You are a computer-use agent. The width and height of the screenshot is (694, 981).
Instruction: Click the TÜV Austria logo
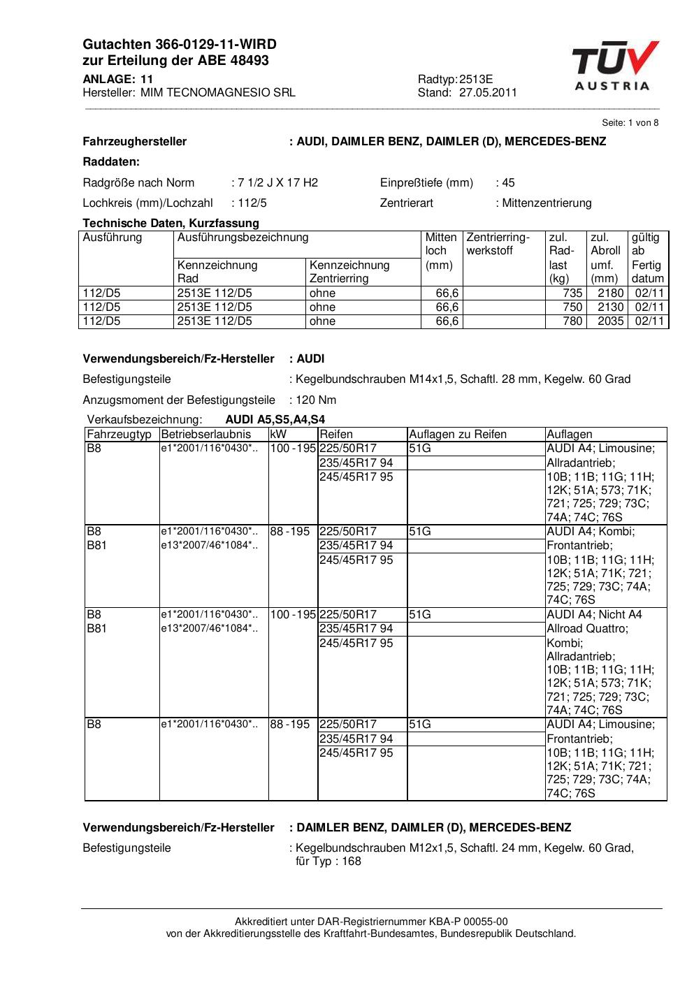click(x=615, y=66)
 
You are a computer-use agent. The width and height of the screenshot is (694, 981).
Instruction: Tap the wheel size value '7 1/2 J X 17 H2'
click(x=277, y=183)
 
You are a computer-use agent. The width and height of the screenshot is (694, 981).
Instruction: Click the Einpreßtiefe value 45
click(x=508, y=183)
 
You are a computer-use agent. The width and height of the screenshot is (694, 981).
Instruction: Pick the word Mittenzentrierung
click(x=547, y=203)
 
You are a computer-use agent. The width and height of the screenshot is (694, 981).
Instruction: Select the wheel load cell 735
click(x=572, y=293)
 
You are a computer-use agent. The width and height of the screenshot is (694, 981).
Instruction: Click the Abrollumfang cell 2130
click(x=610, y=307)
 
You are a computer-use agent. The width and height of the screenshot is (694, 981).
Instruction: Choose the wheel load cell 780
click(x=572, y=321)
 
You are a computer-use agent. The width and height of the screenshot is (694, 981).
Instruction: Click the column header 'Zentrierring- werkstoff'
click(x=498, y=244)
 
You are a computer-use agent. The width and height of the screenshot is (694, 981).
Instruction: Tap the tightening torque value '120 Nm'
click(x=316, y=400)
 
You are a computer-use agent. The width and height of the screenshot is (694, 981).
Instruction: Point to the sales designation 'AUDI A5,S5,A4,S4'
click(x=275, y=420)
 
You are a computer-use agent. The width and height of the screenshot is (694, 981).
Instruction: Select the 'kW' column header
click(x=278, y=435)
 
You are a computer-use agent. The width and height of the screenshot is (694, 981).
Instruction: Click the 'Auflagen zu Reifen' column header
click(x=458, y=435)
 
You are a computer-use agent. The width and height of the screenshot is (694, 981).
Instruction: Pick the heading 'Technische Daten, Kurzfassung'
click(x=171, y=224)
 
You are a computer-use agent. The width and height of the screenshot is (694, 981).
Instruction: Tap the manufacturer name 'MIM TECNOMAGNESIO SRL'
click(x=217, y=92)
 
